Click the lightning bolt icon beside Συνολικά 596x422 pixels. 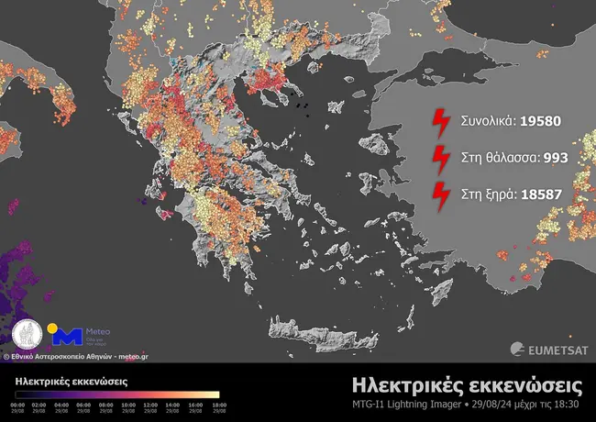[x=442, y=121]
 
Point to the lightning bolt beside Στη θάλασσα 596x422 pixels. [x=442, y=157]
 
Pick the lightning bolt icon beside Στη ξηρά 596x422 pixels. [x=442, y=194]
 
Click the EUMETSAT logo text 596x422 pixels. [x=551, y=348]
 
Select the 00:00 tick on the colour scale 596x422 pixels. [x=17, y=405]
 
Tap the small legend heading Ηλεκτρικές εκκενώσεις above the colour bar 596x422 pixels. [x=71, y=381]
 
